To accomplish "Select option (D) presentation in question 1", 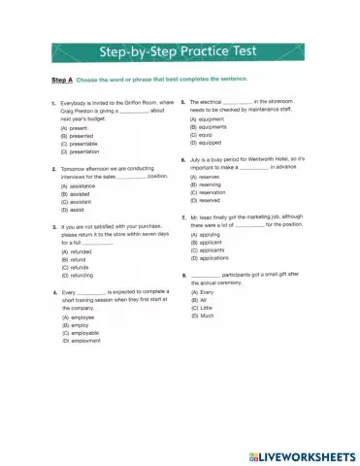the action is pyautogui.click(x=79, y=150).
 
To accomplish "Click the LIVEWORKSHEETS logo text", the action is pyautogui.click(x=297, y=453).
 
